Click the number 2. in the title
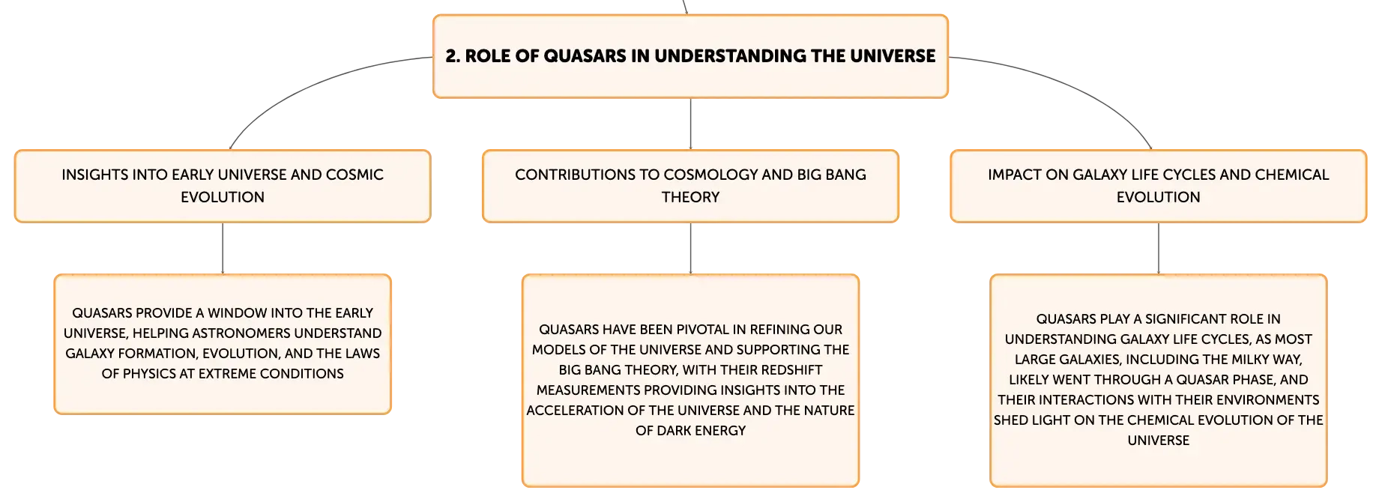coord(453,56)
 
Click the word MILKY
coord(1233,360)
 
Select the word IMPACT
coord(1012,175)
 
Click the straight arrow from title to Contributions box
coord(690,124)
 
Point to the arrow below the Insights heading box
coord(223,249)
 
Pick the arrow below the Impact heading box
coord(1159,249)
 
